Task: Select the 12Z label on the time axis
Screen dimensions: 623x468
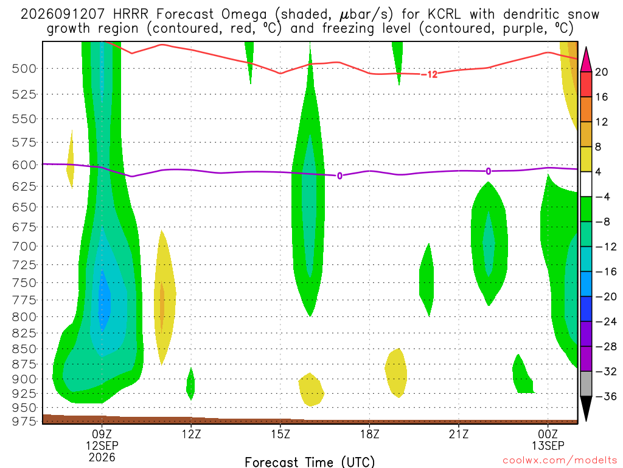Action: tap(191, 434)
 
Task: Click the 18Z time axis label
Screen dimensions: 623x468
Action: tap(369, 434)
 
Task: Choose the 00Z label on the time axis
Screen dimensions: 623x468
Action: tap(548, 434)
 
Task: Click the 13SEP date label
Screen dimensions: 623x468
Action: tap(548, 445)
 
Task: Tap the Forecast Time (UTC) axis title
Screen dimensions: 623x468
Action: tap(310, 462)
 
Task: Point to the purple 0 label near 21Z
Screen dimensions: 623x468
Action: tap(489, 171)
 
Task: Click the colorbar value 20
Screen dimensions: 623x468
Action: tap(601, 72)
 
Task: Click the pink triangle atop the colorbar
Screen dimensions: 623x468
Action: tap(586, 60)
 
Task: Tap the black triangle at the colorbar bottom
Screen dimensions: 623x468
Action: tap(586, 408)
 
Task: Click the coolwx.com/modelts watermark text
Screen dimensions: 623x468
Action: tap(560, 461)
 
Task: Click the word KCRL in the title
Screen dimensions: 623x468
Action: tap(444, 15)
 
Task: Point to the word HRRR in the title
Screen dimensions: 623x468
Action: tap(130, 15)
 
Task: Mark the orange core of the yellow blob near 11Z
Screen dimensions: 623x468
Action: tap(162, 306)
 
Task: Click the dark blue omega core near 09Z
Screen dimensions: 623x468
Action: tap(104, 300)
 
